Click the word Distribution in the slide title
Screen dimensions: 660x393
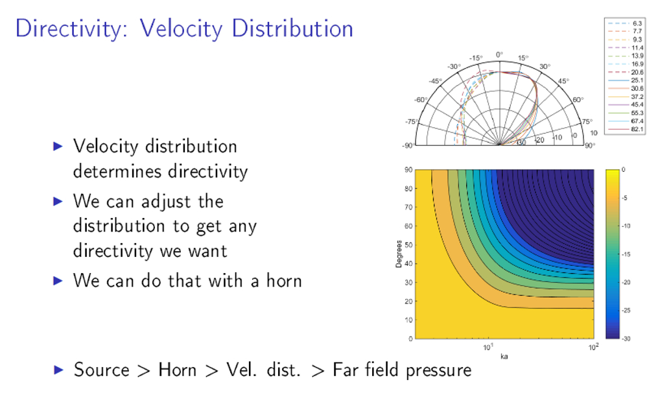(292, 29)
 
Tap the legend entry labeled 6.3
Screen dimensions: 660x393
(624, 23)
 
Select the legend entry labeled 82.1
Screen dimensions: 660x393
(624, 129)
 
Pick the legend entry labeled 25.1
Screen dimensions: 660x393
(624, 80)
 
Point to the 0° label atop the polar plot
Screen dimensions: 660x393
(499, 54)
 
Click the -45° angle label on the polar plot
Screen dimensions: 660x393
(435, 81)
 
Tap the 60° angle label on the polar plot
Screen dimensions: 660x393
(578, 100)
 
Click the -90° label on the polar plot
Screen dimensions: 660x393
(408, 145)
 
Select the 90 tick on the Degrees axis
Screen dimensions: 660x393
(408, 170)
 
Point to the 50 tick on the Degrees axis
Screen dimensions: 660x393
(408, 244)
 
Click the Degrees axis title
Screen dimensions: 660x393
(398, 254)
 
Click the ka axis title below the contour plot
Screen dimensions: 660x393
(504, 356)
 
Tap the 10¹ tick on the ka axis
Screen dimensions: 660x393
(488, 347)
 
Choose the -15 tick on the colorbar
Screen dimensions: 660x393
(626, 254)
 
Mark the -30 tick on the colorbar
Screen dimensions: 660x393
(626, 339)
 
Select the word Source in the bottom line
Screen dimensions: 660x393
(101, 370)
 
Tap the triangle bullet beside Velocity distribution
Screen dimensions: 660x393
(58, 146)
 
